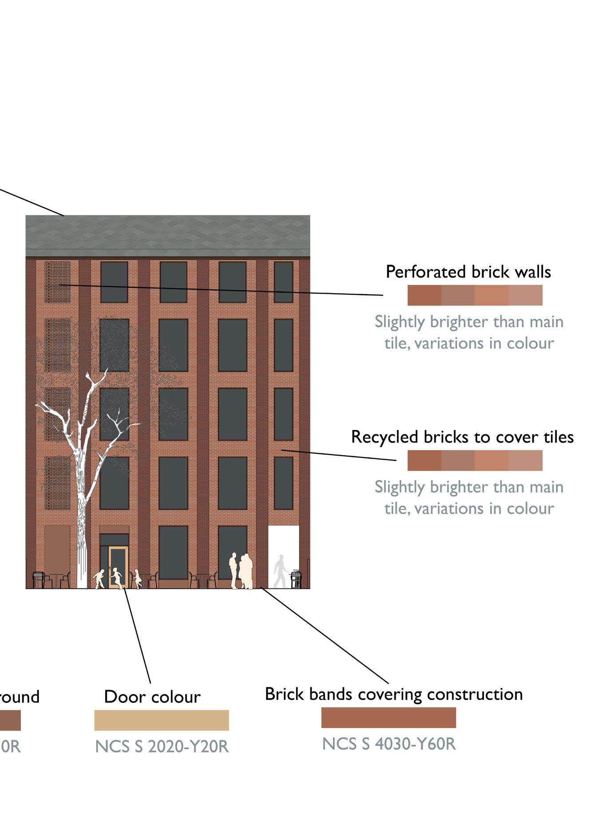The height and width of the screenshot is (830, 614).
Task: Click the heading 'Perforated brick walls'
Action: [468, 272]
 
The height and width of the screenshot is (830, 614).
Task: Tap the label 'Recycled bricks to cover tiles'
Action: [462, 437]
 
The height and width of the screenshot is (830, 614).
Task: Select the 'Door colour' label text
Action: [152, 696]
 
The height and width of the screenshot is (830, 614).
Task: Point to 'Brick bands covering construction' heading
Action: [394, 694]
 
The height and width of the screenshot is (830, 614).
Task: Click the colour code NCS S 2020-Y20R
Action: [162, 746]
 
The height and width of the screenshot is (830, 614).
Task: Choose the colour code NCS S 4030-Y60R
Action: [389, 743]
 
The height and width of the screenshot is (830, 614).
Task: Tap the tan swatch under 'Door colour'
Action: [162, 720]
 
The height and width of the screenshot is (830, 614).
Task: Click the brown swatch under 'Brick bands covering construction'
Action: [388, 717]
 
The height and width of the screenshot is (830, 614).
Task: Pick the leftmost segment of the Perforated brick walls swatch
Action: [424, 295]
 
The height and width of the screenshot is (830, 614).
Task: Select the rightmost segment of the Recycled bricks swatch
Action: [526, 461]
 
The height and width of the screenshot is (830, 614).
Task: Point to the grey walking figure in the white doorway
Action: [280, 571]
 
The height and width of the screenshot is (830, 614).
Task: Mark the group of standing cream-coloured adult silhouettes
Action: [242, 572]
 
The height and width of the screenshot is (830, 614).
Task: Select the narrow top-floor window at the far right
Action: [283, 282]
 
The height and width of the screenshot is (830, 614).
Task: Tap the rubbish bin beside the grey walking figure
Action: [296, 579]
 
